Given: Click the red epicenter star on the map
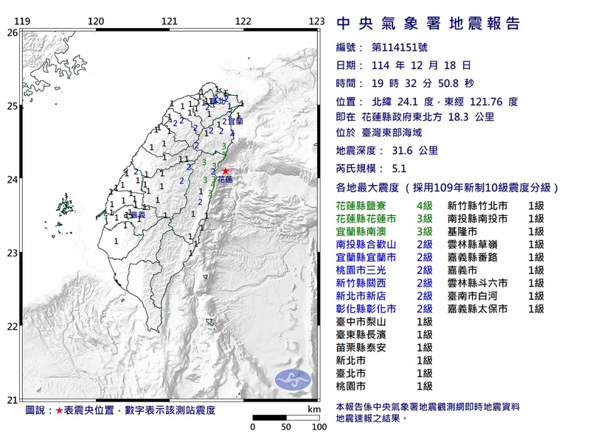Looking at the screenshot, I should pos(226,171).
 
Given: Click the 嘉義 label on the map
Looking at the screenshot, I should pos(135,215).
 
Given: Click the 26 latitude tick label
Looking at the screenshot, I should pos(12,32).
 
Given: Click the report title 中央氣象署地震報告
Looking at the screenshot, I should pos(428,24).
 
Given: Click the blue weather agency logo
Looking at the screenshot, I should pos(293,380).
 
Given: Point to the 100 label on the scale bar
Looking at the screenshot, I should pos(319,427).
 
